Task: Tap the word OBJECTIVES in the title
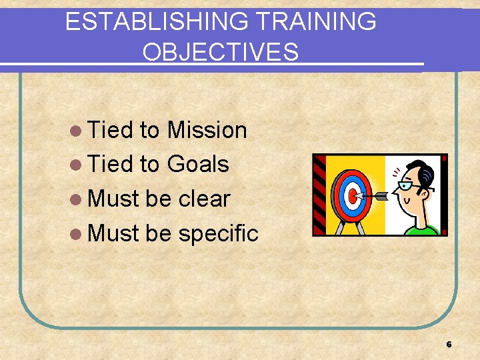221,51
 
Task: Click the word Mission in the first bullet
207,130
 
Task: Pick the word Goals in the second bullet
198,164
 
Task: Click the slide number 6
449,345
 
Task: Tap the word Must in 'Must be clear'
113,199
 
